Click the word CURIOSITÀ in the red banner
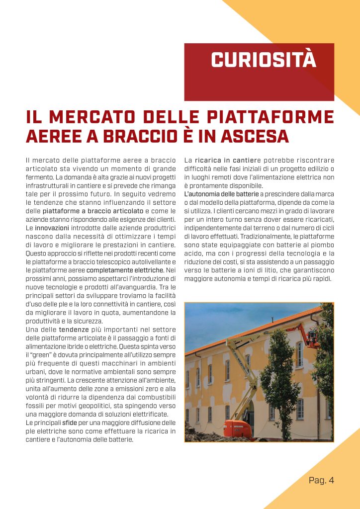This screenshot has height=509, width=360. [x=263, y=60]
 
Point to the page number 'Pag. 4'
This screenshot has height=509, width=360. [x=321, y=480]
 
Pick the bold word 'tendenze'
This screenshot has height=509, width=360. [x=74, y=329]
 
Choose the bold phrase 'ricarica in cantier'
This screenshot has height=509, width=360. [x=227, y=160]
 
